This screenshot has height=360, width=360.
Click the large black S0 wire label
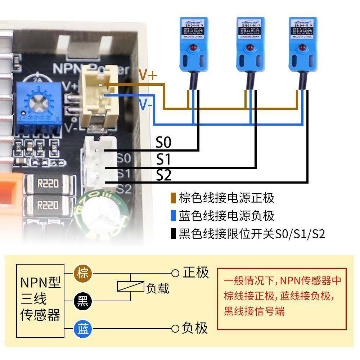(163, 143)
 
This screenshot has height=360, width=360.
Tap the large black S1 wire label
(163, 159)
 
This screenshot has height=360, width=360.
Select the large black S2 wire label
(164, 175)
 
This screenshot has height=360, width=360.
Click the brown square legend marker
(174, 198)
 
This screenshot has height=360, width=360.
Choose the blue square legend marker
(174, 216)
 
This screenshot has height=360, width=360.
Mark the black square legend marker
(174, 234)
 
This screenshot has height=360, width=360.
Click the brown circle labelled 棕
(83, 274)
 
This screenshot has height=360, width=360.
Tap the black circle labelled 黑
(83, 301)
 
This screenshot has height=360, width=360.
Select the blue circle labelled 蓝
(83, 328)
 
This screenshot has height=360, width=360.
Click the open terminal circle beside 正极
(175, 273)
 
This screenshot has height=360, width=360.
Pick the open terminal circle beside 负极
(175, 328)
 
